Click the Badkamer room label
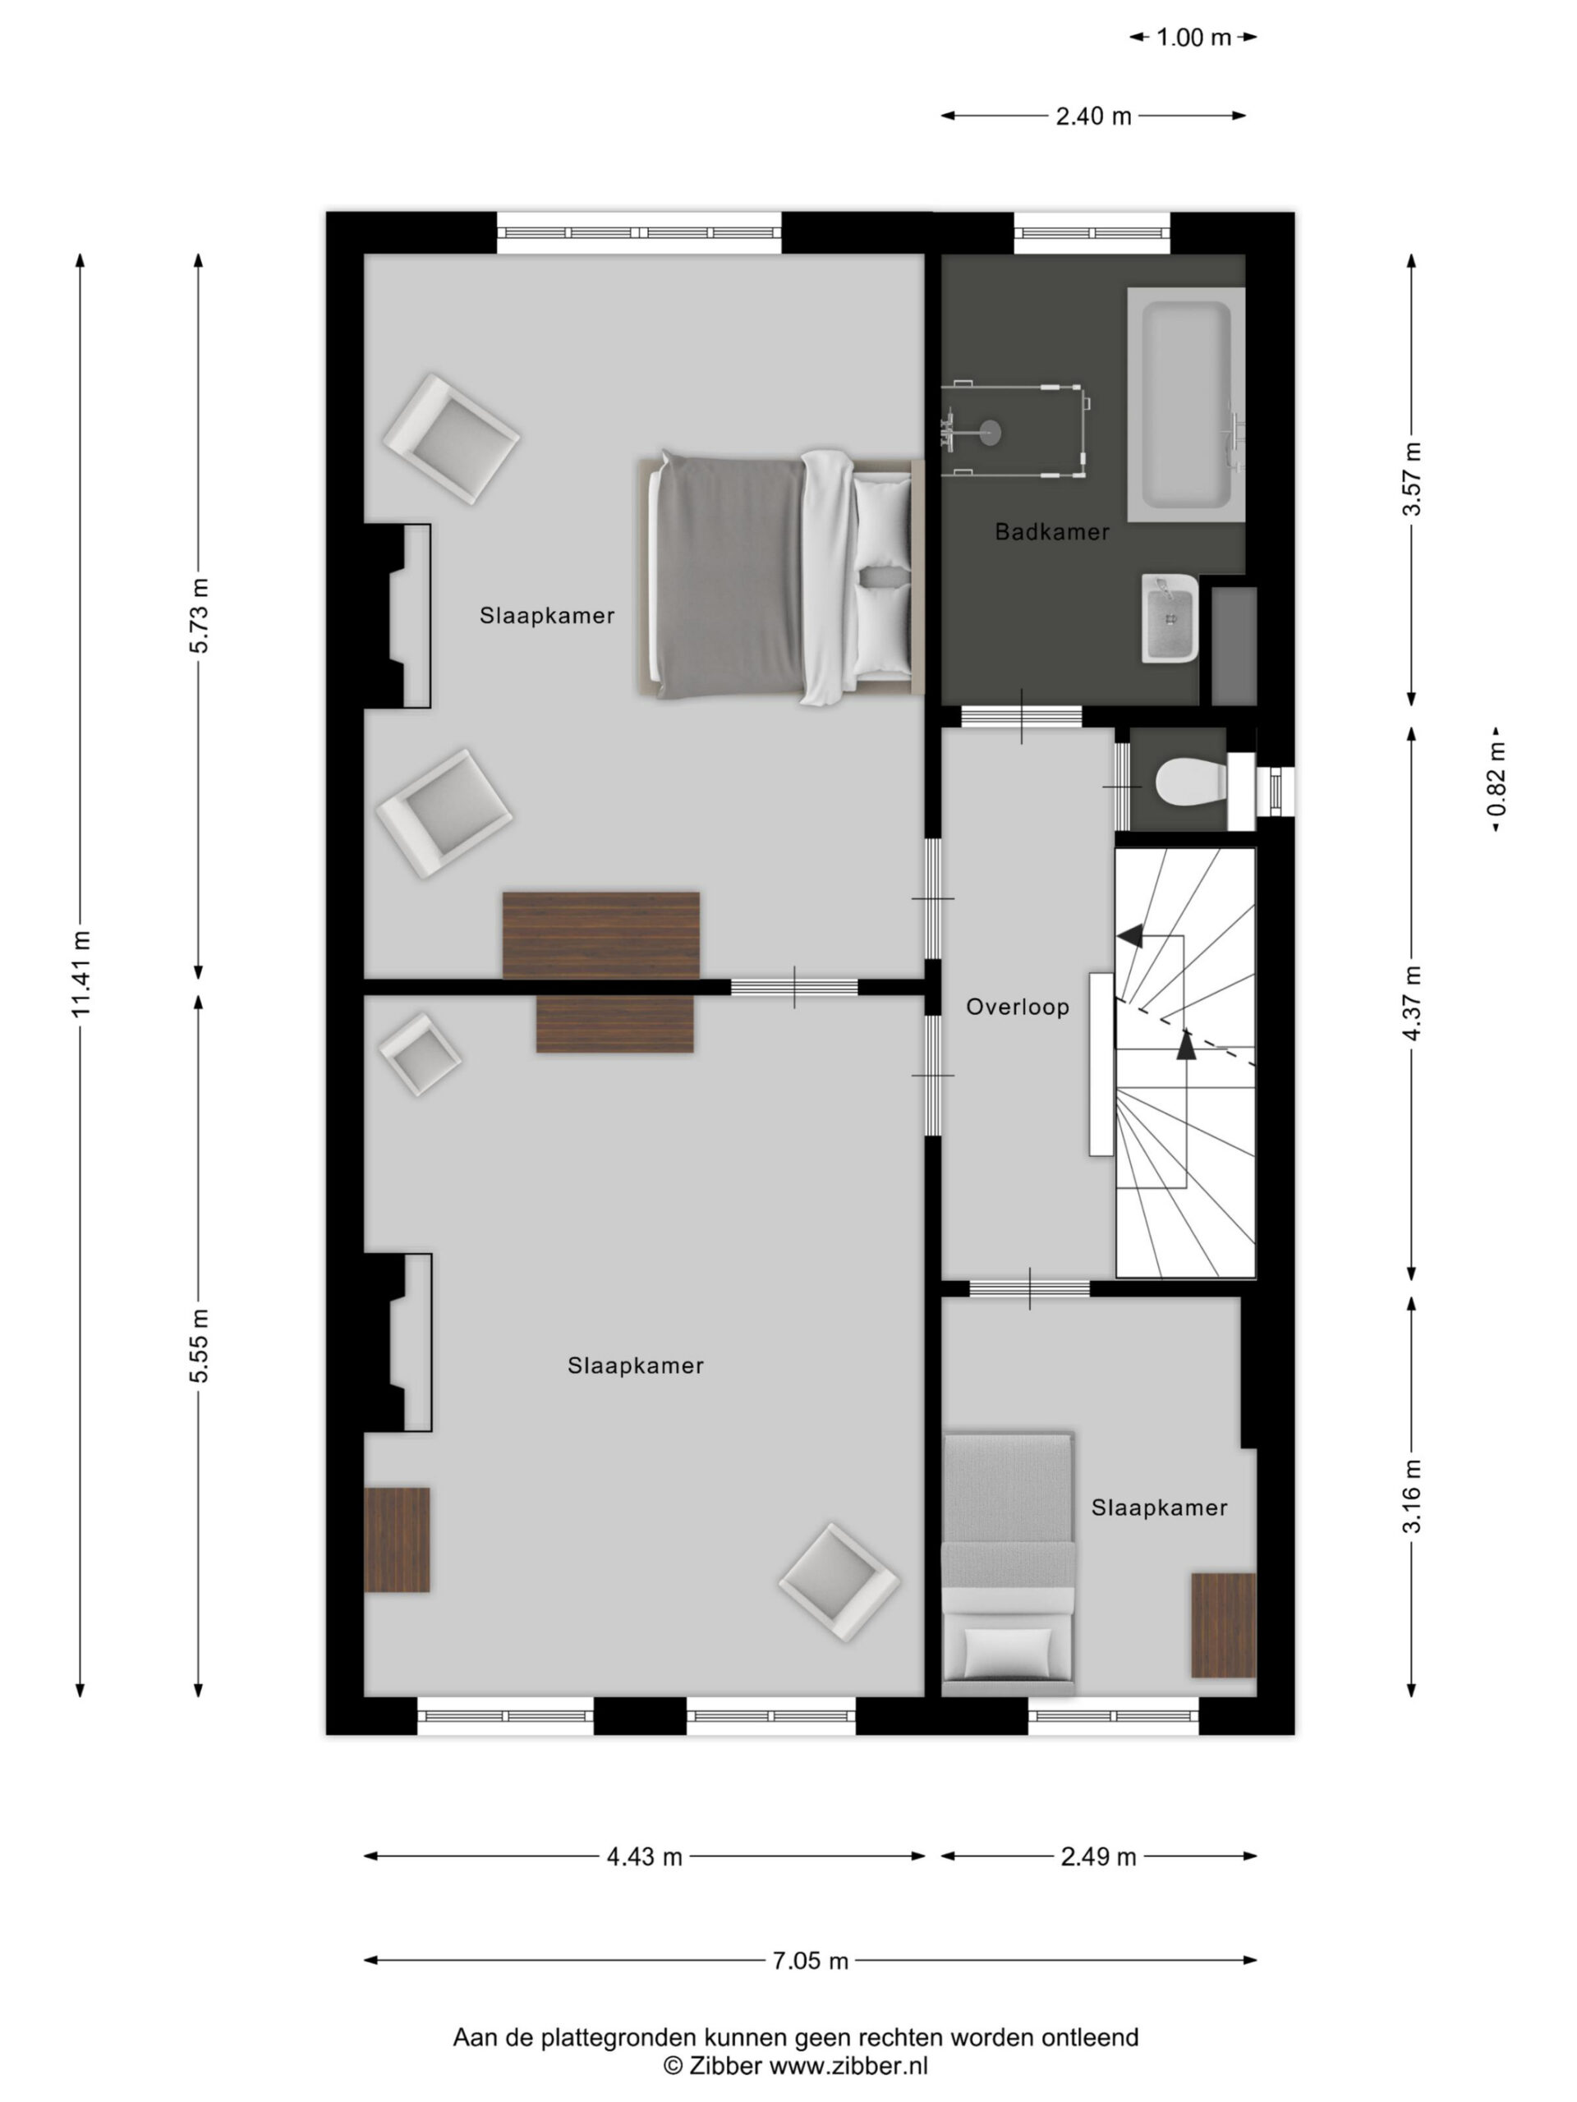coord(1051,532)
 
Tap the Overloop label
coord(1017,1007)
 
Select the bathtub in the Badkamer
coord(1185,405)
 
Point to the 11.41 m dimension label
coord(80,973)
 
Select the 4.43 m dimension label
coord(645,1856)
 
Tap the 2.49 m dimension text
coord(1098,1856)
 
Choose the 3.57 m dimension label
coord(1413,479)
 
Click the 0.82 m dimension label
coord(1497,779)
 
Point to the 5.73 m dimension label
coord(200,616)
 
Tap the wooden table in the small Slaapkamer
coord(1223,1625)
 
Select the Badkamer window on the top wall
coord(1092,233)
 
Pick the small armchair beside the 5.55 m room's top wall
coord(421,1053)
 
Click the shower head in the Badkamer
coord(990,433)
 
